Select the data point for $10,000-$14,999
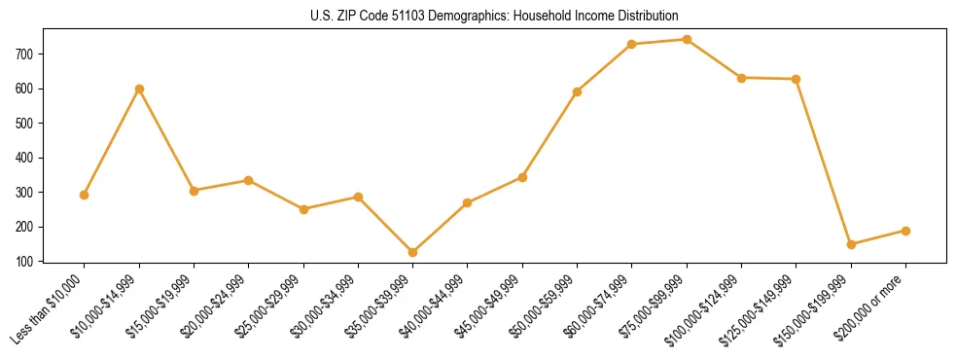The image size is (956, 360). [x=140, y=89]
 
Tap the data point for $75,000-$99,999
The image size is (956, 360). [x=687, y=40]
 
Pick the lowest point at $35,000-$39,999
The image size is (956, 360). [x=413, y=252]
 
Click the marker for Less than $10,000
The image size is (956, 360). [x=85, y=195]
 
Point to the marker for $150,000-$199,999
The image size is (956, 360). [x=851, y=244]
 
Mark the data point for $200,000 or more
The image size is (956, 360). [x=905, y=231]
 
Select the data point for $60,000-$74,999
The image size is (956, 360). [x=632, y=44]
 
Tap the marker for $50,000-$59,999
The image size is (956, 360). [x=578, y=91]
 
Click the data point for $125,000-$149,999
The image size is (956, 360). [x=797, y=79]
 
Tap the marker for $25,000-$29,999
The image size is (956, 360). [x=304, y=209]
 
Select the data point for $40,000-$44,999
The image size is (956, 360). [x=468, y=202]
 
